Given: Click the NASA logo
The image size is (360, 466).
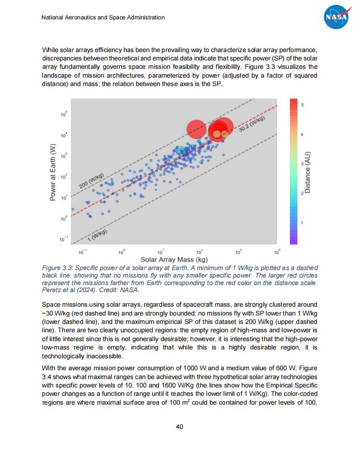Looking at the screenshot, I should point(337,17).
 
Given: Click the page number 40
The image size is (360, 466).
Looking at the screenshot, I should point(180,427).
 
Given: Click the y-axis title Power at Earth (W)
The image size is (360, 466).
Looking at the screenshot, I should point(53,173).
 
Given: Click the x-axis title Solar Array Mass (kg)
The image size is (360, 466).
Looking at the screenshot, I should point(174,259).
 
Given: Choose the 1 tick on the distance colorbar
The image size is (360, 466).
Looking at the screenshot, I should point(302,223).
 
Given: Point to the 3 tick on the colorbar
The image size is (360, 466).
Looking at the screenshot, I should point(302,164).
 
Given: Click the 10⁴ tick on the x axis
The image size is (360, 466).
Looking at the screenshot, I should point(277,252).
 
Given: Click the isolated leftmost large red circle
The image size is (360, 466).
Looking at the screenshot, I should point(196,128).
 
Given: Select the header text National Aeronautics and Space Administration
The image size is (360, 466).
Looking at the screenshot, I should point(103,18).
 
